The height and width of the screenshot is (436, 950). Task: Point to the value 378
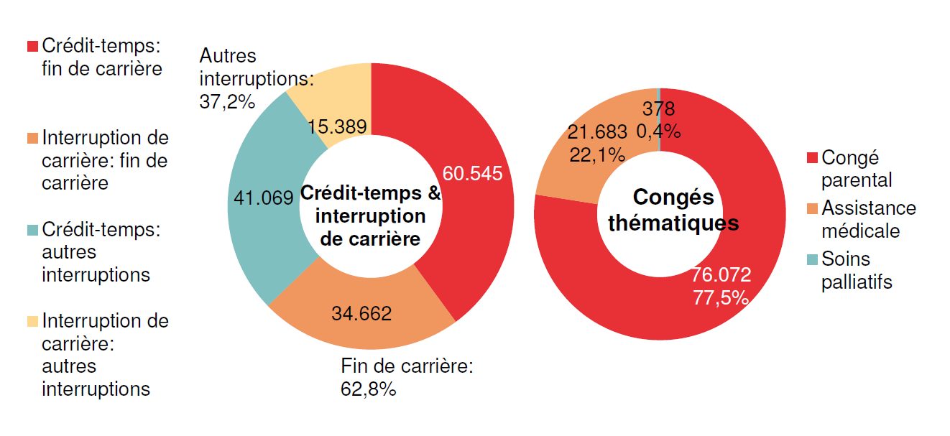pos(658,109)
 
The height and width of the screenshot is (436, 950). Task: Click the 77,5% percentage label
pos(721,297)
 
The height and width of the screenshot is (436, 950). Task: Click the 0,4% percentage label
pos(658,131)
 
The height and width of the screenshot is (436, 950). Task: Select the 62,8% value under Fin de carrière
pos(369,389)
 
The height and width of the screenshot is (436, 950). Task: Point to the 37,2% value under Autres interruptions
pos(227,101)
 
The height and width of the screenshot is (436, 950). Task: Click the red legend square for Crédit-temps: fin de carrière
pos(32,47)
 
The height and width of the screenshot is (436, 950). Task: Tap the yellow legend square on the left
pos(32,321)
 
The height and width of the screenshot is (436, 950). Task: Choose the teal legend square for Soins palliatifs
pos(812,259)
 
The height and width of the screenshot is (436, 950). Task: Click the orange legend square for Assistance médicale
pos(812,209)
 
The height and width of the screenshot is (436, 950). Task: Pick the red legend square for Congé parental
pos(812,158)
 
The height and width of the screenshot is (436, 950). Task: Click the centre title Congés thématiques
pos(673,210)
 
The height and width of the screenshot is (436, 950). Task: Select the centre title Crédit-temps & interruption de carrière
pos(370,215)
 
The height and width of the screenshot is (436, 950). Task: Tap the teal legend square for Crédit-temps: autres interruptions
pos(32,231)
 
